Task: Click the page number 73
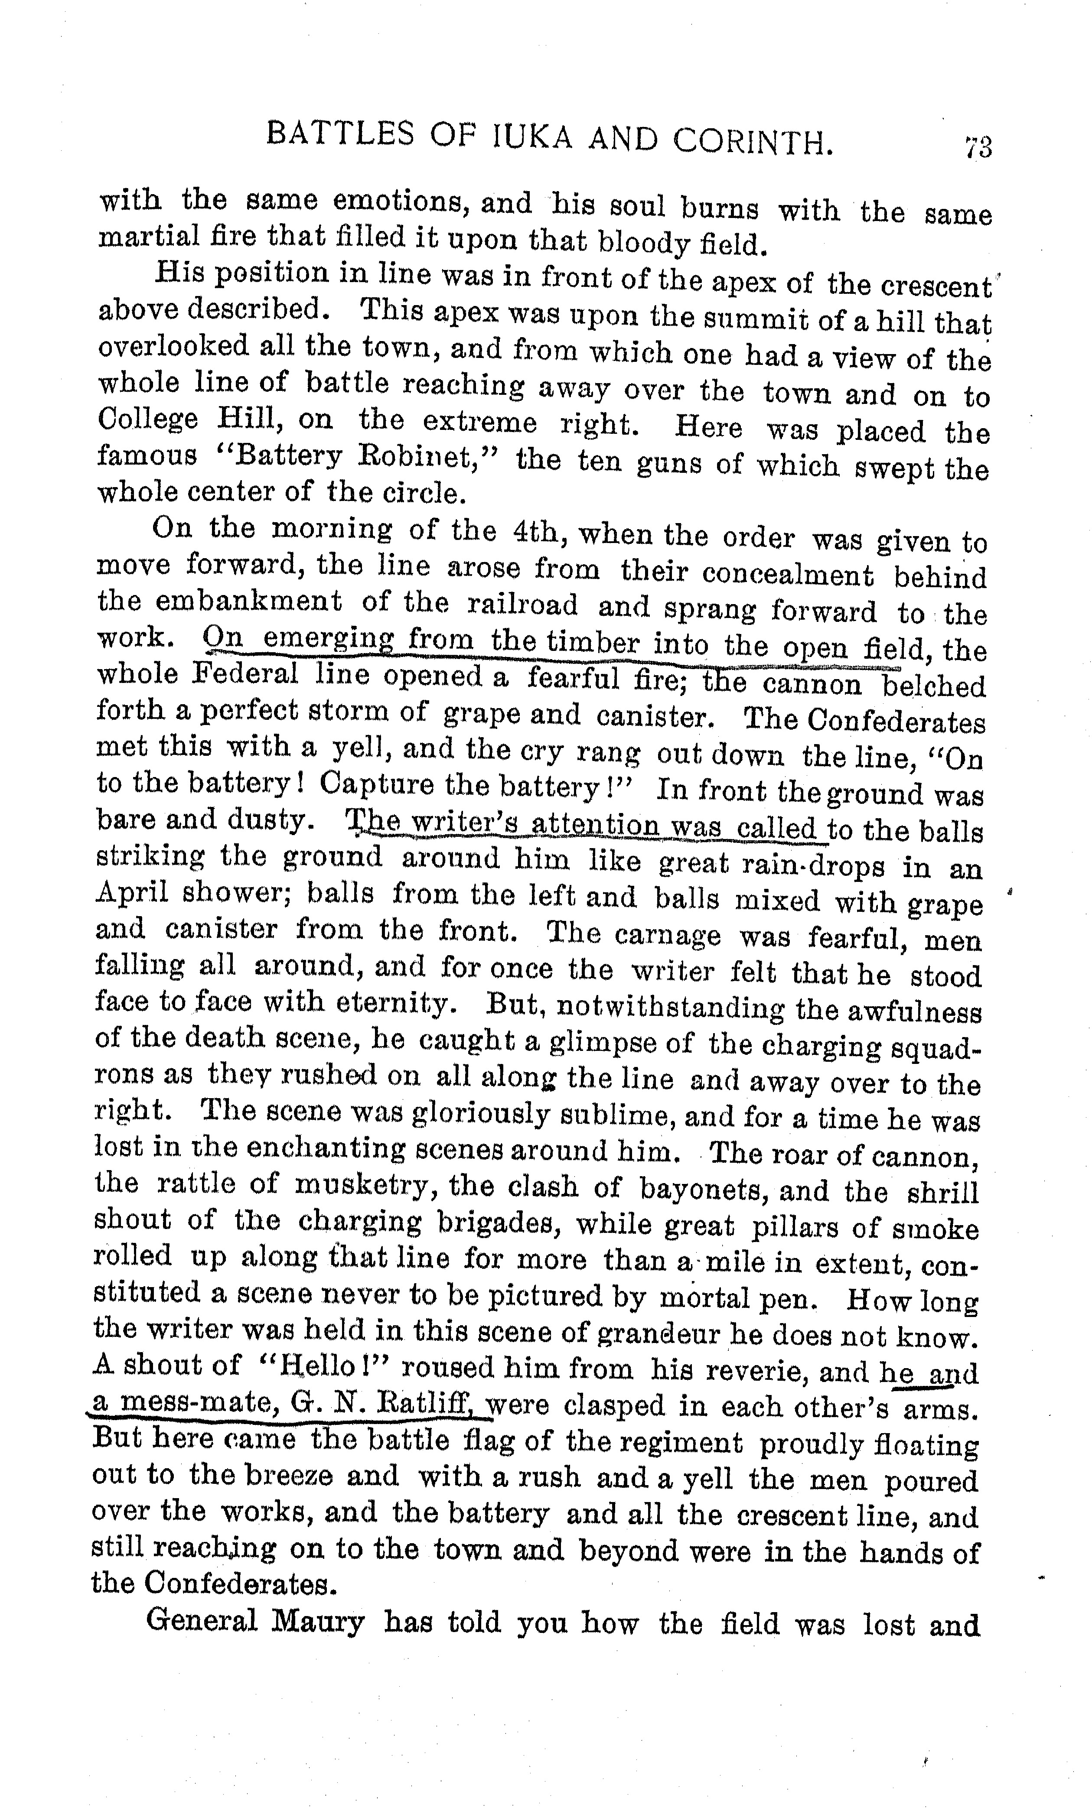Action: pyautogui.click(x=978, y=147)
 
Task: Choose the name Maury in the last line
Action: pyautogui.click(x=318, y=1623)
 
